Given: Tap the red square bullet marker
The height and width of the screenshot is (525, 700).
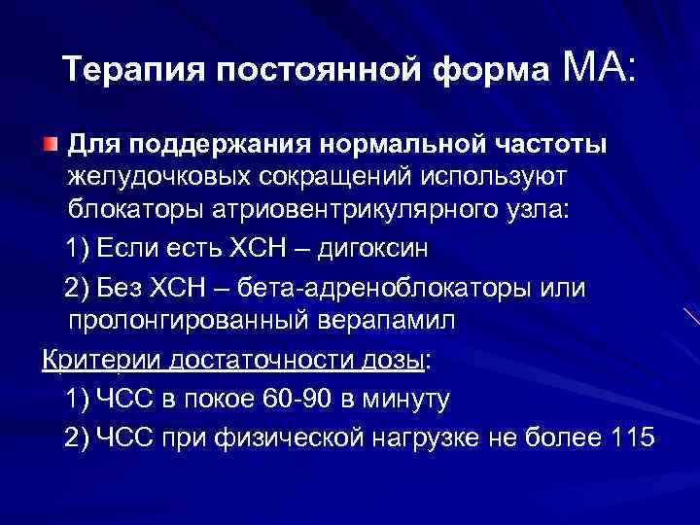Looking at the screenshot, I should tap(49, 146).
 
